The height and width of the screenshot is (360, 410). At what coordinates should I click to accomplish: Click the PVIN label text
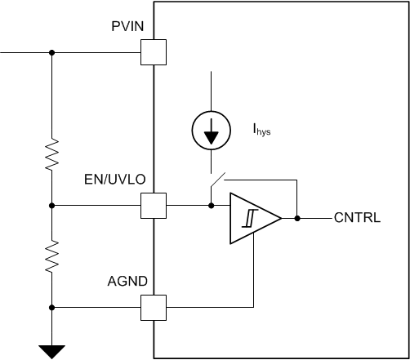[127, 27]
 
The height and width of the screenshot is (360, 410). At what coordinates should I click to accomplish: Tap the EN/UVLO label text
[118, 179]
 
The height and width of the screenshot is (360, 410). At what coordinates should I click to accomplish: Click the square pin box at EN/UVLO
[154, 205]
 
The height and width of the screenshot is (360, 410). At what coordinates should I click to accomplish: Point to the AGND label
[127, 281]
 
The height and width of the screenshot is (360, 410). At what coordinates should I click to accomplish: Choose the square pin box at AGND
[154, 307]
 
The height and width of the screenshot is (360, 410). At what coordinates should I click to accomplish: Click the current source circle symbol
[211, 131]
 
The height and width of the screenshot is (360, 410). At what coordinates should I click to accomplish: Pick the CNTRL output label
[357, 219]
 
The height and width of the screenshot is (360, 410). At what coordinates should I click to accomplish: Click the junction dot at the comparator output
[297, 219]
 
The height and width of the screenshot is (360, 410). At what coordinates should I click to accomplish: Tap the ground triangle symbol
[51, 352]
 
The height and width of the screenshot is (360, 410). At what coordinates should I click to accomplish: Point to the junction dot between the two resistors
[51, 205]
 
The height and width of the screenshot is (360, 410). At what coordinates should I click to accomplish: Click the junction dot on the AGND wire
[51, 307]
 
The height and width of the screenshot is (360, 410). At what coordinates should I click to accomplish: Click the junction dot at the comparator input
[211, 205]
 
